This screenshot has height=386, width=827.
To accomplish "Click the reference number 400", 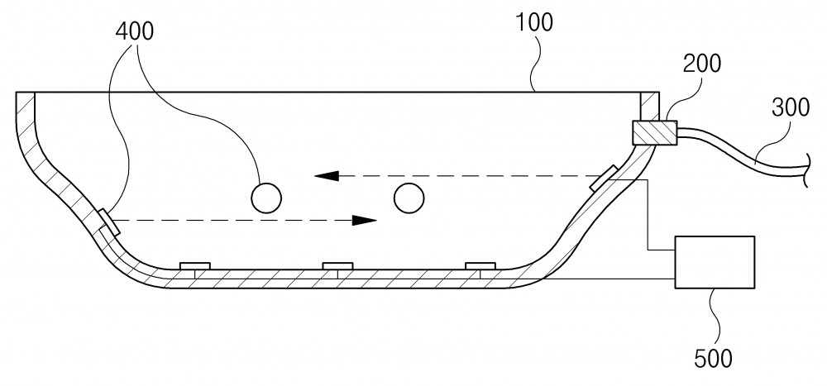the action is [135, 32].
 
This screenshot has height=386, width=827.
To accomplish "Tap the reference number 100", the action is [533, 22].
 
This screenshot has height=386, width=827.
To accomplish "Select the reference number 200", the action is [702, 64].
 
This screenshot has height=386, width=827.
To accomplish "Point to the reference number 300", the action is [790, 107].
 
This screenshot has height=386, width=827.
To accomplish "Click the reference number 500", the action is [713, 359].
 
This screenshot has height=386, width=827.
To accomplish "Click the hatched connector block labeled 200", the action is [654, 132].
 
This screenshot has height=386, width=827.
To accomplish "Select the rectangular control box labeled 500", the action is [715, 262].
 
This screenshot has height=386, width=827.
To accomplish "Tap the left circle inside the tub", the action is [266, 198].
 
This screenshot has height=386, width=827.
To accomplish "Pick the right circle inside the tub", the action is [409, 198].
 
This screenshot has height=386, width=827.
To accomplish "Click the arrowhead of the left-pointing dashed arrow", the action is [327, 176].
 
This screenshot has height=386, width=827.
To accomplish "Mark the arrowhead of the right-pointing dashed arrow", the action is [365, 221].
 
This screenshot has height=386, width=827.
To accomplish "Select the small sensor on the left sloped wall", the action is [109, 222].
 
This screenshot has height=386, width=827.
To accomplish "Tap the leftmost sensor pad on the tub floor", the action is [195, 266].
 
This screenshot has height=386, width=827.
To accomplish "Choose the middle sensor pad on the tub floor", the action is [337, 266].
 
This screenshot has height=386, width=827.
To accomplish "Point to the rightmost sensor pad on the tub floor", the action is [480, 266].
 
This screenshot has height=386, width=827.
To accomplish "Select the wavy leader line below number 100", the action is [534, 64].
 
